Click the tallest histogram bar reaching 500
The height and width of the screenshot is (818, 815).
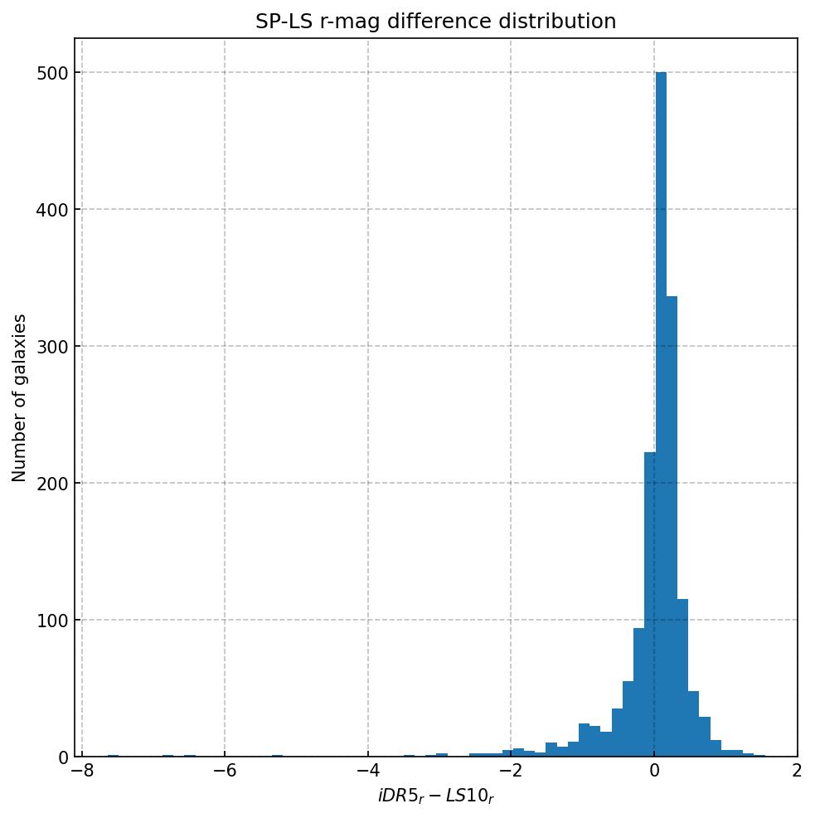661,415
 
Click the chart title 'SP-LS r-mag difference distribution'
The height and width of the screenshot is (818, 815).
435,22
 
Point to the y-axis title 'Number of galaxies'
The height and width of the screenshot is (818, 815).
19,397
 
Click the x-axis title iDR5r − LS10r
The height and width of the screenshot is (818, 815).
435,797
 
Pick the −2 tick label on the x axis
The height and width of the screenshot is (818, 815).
510,772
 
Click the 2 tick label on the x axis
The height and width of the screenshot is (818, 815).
797,772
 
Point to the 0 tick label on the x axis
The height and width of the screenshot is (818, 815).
654,772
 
